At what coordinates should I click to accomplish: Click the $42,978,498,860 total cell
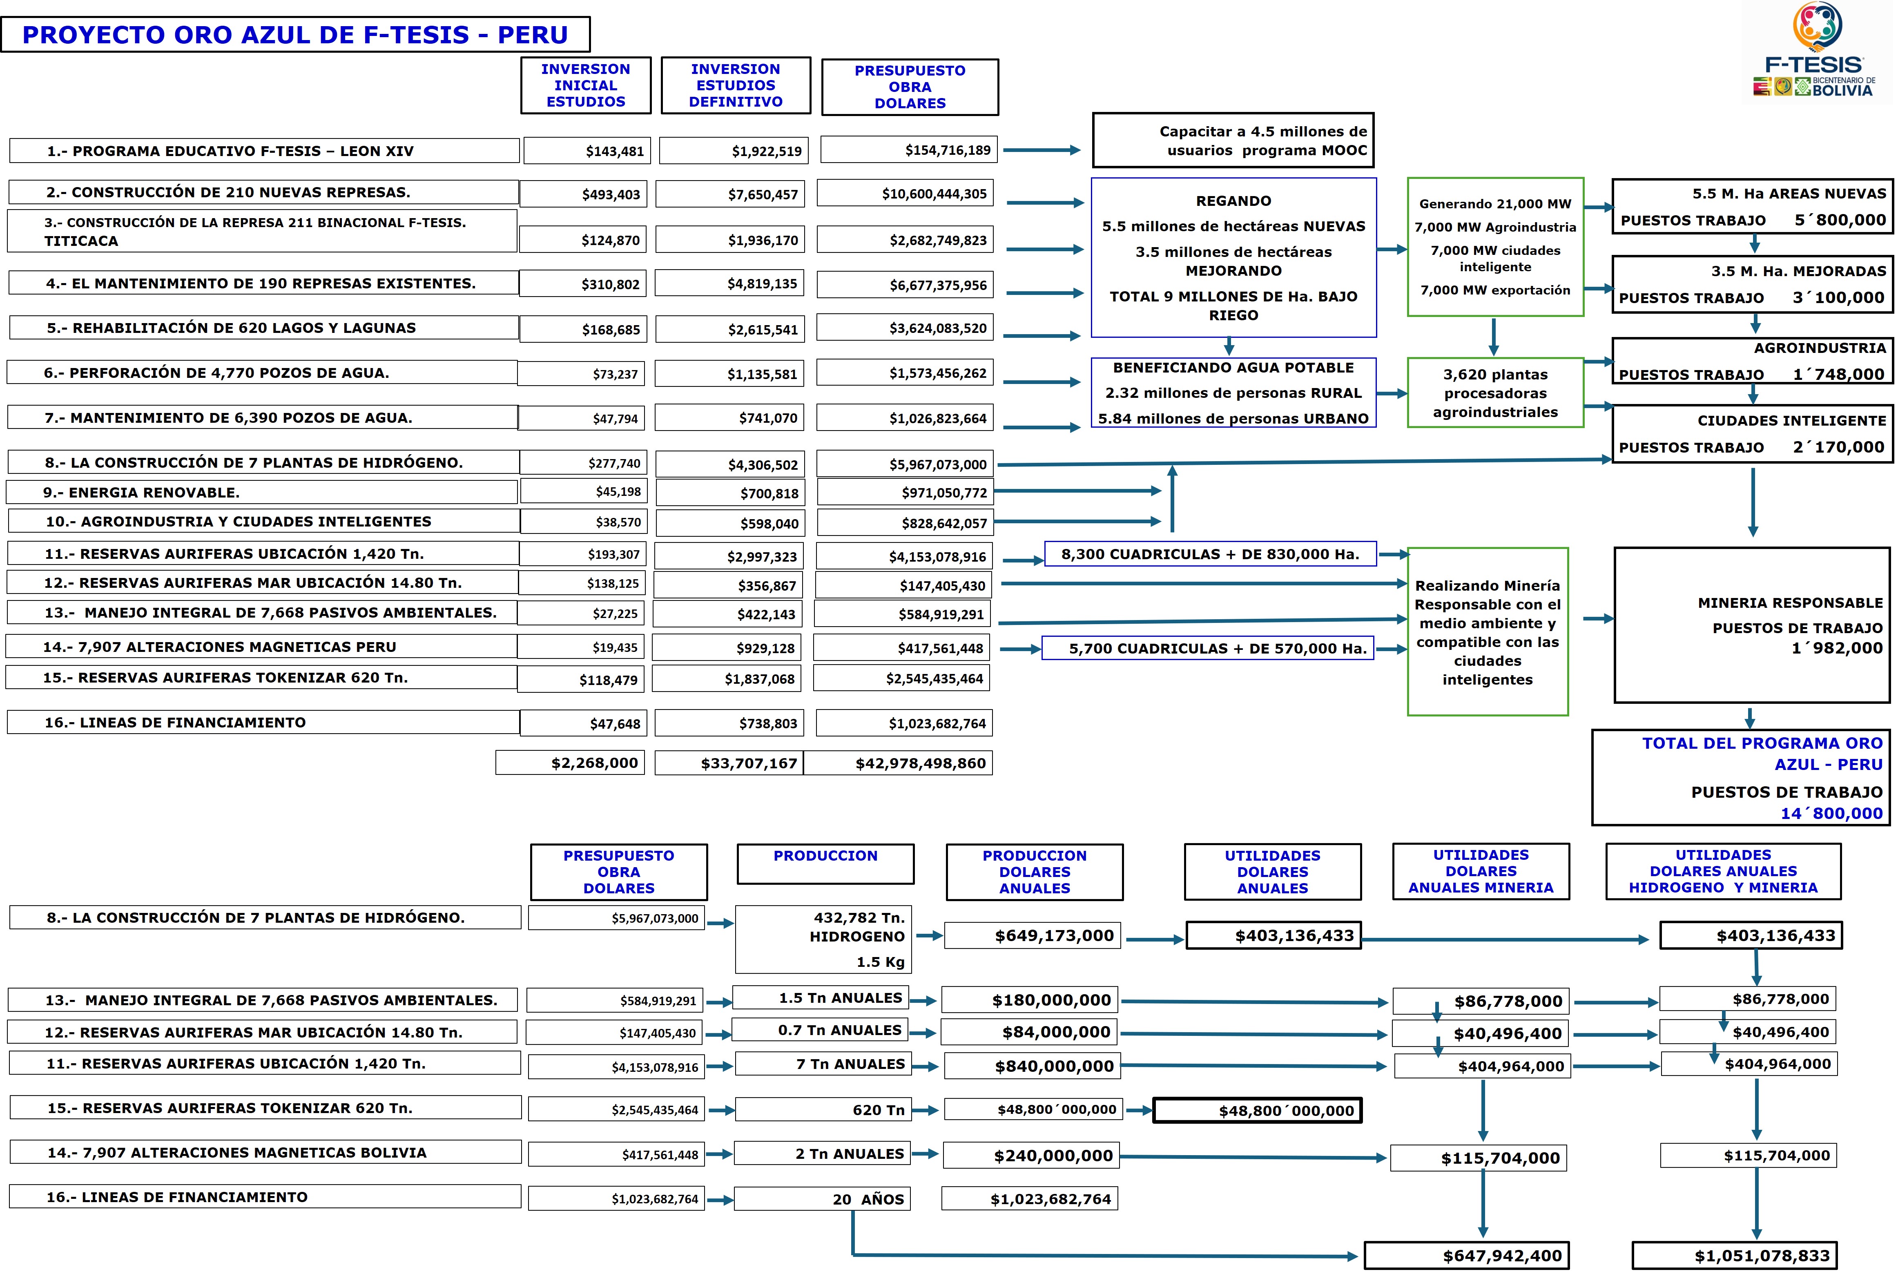tap(899, 763)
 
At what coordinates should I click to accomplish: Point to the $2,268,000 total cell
tap(570, 763)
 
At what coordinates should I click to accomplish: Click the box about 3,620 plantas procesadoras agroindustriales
tap(1495, 393)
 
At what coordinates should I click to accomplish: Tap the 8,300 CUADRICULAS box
tap(1210, 554)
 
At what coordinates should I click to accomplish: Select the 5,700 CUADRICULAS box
tap(1208, 648)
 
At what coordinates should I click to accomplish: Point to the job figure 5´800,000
tap(1840, 220)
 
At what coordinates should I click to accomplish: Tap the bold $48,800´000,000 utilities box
tap(1257, 1111)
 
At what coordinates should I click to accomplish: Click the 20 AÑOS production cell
tap(822, 1199)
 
